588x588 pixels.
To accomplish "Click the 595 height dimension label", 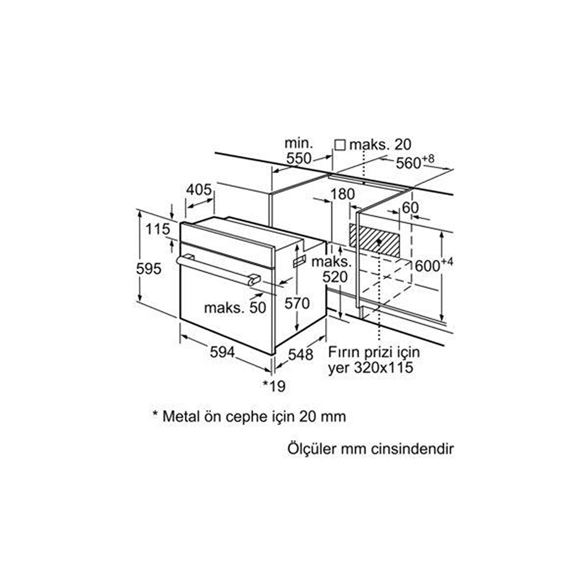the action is [149, 269].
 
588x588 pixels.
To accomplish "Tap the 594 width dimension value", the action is [222, 352].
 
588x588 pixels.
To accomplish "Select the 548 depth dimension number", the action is [300, 355].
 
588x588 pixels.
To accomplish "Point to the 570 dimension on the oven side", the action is [297, 303].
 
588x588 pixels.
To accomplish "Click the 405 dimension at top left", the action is [199, 189].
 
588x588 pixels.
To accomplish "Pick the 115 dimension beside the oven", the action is [158, 229].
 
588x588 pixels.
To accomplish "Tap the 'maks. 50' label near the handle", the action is [235, 308].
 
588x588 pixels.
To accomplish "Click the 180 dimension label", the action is [342, 194].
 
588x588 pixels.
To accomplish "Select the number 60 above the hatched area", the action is [410, 208].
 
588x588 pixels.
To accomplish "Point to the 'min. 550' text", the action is [299, 151].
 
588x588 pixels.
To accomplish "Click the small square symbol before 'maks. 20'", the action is [340, 145].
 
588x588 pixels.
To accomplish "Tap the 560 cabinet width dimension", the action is [415, 162].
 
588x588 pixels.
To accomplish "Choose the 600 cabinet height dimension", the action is [434, 265].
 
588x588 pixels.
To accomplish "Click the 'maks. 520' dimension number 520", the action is [335, 277].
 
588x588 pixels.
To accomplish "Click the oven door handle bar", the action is [218, 269].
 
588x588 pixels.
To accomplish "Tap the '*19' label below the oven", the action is [274, 386].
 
